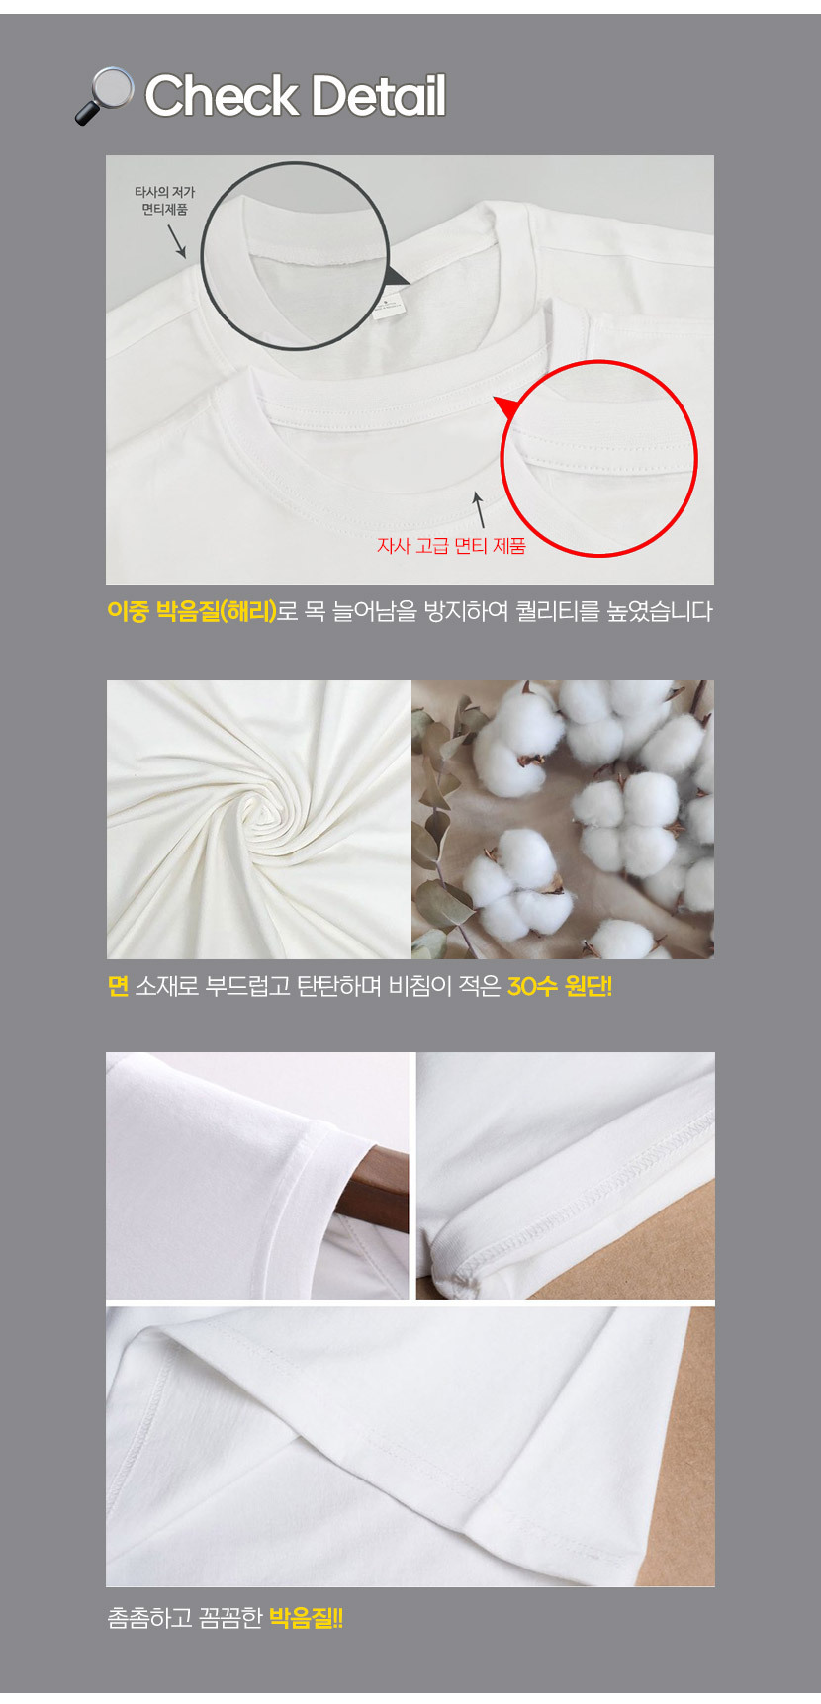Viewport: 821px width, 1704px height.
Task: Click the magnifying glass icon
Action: [104, 95]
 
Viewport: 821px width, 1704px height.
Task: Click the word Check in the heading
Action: [221, 96]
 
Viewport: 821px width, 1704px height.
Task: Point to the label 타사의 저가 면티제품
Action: [164, 201]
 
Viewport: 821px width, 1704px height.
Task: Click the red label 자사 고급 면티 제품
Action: [451, 545]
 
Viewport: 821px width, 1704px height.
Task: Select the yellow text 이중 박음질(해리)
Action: [192, 611]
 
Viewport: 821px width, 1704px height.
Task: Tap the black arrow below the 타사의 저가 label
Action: [176, 241]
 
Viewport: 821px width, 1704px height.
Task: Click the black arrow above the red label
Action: [479, 508]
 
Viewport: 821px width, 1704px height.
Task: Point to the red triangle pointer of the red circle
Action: [507, 406]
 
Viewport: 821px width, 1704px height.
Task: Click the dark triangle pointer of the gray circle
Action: [397, 276]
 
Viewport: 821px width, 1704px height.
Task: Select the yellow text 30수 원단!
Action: [560, 986]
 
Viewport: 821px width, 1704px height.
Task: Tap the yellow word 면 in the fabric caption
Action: [118, 986]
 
